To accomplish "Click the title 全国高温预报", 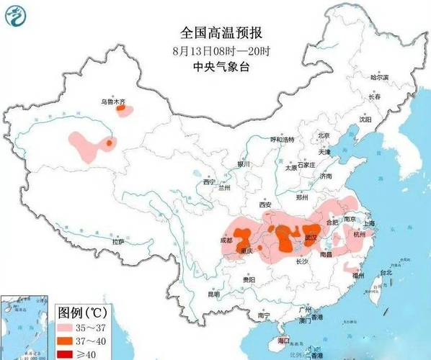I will click(x=221, y=33).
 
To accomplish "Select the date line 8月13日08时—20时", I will click(x=221, y=50).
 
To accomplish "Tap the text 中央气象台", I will click(x=221, y=66).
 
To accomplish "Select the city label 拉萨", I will click(x=117, y=241).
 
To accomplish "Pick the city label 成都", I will click(x=228, y=239).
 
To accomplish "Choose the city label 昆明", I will click(x=214, y=294).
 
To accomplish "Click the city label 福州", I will click(x=357, y=275).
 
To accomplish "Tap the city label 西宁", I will click(x=209, y=181).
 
